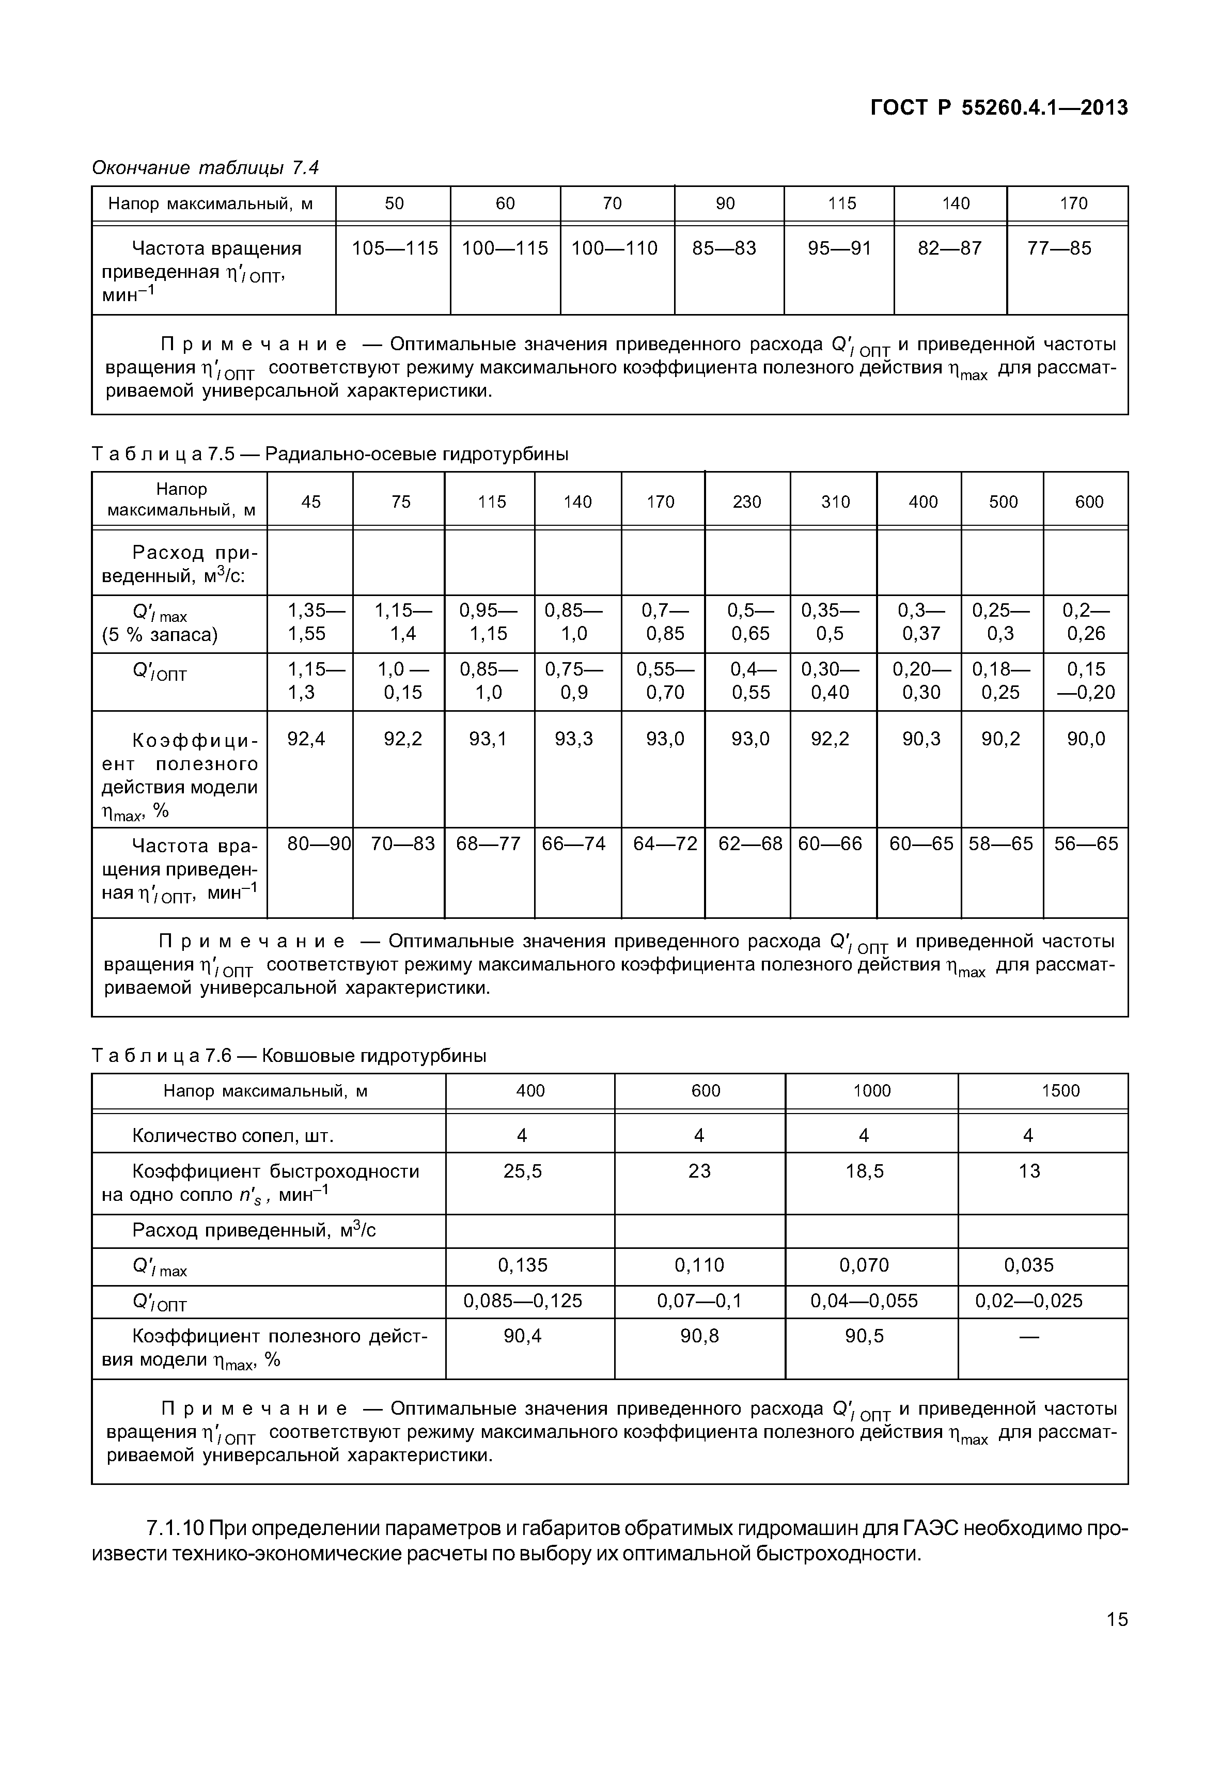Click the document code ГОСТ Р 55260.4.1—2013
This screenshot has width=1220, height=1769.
pyautogui.click(x=999, y=108)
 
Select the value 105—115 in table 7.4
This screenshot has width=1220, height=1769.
pyautogui.click(x=395, y=248)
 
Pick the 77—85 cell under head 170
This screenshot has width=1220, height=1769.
pyautogui.click(x=1059, y=248)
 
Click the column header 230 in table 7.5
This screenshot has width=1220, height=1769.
pyautogui.click(x=747, y=502)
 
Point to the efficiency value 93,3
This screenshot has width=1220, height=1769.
pyautogui.click(x=574, y=739)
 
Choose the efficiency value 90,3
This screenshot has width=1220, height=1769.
pyautogui.click(x=921, y=739)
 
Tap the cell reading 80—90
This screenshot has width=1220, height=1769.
pyautogui.click(x=319, y=843)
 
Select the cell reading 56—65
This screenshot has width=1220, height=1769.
pyautogui.click(x=1086, y=843)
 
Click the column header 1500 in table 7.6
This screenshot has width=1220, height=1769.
pyautogui.click(x=1060, y=1091)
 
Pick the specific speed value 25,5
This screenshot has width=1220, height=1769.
pyautogui.click(x=522, y=1171)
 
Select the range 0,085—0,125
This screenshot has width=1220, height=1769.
pyautogui.click(x=523, y=1301)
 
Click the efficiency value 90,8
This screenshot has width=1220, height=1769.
pyautogui.click(x=699, y=1336)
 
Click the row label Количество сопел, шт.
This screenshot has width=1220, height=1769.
pyautogui.click(x=232, y=1136)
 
